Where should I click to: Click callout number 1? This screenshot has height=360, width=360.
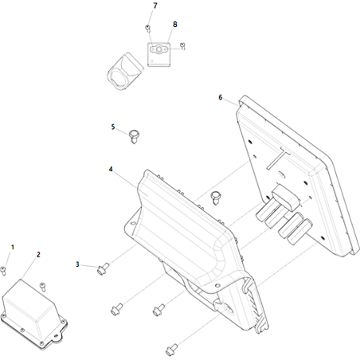coord(12,247)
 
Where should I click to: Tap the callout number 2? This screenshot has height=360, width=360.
coord(38,255)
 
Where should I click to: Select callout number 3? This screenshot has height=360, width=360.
coord(77,264)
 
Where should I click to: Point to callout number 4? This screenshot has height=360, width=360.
coord(111,169)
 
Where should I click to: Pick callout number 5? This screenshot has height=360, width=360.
coord(113,127)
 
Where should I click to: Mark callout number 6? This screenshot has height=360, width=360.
coord(221,97)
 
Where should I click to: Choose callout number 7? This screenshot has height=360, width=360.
coord(155,6)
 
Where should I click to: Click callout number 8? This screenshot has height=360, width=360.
coord(174,25)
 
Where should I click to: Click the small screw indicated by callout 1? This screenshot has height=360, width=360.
coord(3,271)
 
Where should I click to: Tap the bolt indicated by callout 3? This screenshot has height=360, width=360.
coord(103,268)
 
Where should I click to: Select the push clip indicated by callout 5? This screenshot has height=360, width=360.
coord(135,136)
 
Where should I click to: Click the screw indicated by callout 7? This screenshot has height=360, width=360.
coord(148,28)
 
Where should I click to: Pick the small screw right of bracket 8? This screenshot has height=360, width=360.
coord(182,46)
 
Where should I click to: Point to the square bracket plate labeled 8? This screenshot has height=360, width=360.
coord(158,55)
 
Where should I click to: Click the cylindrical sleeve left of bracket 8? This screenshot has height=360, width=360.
coord(125,72)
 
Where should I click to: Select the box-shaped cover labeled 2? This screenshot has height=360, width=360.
coord(33,313)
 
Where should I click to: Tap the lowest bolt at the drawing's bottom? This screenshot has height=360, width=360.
coord(171,350)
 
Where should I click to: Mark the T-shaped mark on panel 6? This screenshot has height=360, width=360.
coord(278,157)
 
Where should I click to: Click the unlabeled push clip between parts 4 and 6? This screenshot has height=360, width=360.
coord(215,198)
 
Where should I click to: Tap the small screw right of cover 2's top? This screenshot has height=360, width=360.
coord(42,287)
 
